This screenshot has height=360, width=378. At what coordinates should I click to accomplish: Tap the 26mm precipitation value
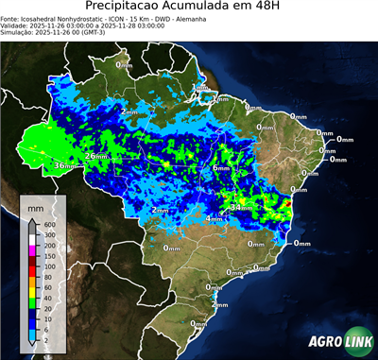pyautogui.click(x=95, y=155)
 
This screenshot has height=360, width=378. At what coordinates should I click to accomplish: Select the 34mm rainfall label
pyautogui.click(x=241, y=207)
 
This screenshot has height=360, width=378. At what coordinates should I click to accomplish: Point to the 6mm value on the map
pyautogui.click(x=221, y=167)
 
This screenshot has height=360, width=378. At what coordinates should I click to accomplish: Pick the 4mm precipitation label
pyautogui.click(x=215, y=218)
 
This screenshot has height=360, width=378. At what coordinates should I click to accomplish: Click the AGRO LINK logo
pyautogui.click(x=339, y=342)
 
